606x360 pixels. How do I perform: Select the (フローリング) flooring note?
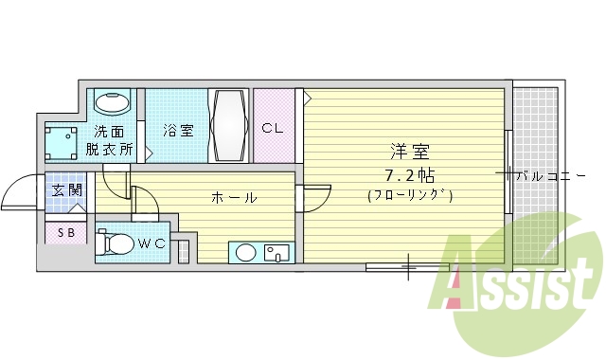click(410, 195)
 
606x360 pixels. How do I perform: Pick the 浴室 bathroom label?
click(176, 130)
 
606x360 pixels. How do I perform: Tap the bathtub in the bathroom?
click(230, 126)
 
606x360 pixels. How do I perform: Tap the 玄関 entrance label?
click(67, 190)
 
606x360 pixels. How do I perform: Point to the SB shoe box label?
click(66, 232)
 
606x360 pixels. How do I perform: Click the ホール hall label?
click(233, 197)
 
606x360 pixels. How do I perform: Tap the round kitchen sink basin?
click(246, 252)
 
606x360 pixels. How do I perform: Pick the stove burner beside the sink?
click(277, 252)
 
